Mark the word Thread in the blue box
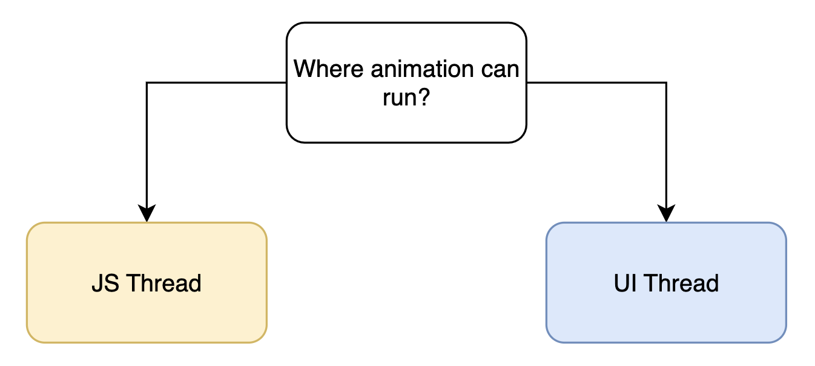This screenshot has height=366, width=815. point(681,283)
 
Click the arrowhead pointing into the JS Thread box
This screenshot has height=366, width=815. point(147,214)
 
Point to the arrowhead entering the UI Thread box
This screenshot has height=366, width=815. point(666,214)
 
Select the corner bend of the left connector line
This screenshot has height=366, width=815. point(147,82)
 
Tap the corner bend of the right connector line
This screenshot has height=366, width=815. point(666,82)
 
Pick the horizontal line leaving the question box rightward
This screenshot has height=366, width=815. point(596,82)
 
